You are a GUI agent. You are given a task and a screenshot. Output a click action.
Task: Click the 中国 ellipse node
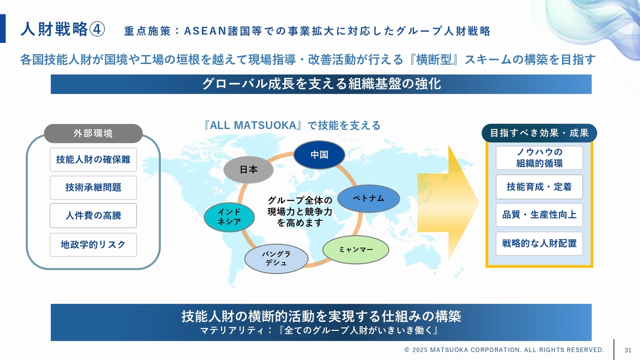(x=319, y=154)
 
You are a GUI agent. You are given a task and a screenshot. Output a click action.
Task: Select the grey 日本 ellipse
(x=248, y=169)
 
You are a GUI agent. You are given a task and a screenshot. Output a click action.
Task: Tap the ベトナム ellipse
(x=368, y=198)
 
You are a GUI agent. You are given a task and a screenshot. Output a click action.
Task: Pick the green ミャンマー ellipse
(x=355, y=249)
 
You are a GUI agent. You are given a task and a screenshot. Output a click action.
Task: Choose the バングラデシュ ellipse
(x=276, y=258)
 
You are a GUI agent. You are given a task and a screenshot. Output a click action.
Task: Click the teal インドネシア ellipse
(x=229, y=217)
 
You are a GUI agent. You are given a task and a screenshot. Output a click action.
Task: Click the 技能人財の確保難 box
(x=93, y=159)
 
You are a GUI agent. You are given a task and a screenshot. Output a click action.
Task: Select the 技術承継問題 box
(x=93, y=187)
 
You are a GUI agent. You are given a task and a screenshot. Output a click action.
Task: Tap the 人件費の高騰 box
(x=93, y=215)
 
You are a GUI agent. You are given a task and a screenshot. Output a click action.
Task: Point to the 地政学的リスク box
(x=93, y=244)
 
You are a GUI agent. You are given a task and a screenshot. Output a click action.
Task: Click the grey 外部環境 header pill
(x=93, y=133)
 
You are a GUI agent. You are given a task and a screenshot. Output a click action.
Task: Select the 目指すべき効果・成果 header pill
(x=539, y=133)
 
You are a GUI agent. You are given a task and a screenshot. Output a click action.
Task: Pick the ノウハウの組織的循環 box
(x=539, y=157)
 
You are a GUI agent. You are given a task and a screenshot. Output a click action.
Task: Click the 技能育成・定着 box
(x=539, y=186)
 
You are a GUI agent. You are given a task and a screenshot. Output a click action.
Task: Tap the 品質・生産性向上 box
(x=539, y=214)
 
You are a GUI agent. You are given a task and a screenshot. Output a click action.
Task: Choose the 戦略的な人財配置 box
(x=539, y=243)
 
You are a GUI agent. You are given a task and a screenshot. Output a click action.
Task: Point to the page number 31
(x=628, y=349)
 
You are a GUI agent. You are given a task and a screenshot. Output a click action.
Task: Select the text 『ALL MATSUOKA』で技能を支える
(x=292, y=125)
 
